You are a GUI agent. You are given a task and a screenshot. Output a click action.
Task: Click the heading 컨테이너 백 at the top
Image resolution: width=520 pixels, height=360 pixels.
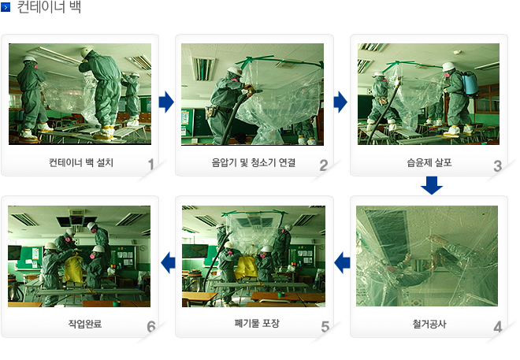coord(49,6)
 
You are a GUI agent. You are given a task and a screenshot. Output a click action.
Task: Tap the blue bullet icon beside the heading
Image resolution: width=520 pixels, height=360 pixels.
coord(6,7)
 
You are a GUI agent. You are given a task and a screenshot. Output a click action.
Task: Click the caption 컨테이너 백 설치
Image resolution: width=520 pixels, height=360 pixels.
coord(81,162)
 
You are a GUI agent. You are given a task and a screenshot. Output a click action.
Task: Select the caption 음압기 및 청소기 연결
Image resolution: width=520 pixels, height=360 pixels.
coord(254,162)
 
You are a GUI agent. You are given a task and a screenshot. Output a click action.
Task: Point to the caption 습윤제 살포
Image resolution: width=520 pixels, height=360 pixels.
coord(429,162)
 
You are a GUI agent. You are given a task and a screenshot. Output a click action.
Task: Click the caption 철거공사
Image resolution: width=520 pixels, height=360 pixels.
coord(429,324)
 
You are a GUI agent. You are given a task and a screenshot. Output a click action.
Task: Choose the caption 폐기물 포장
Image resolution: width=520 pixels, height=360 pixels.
coord(257,323)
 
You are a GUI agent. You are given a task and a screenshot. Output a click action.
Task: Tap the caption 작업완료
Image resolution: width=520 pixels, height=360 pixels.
coord(85,324)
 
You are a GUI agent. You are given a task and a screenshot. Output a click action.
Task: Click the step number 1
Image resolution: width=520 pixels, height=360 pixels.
coord(151,165)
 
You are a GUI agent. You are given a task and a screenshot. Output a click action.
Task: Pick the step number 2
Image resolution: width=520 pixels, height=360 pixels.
coord(324,165)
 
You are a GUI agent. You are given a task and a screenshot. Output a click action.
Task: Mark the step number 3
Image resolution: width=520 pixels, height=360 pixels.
coord(497,166)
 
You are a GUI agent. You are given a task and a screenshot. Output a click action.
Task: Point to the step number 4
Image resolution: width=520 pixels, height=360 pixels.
coord(497,327)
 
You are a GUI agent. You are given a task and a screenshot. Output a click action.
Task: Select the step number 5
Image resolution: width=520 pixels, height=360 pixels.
coord(325,327)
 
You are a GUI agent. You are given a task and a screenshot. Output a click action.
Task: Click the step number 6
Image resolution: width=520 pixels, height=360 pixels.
coord(151,327)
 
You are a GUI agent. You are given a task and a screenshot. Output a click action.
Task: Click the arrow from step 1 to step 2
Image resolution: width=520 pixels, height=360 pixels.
coord(166,102)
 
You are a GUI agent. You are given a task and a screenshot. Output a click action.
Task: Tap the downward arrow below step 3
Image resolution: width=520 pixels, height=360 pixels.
coord(432,185)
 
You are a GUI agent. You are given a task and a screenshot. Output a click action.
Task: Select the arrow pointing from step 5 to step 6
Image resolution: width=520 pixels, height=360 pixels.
coord(168,263)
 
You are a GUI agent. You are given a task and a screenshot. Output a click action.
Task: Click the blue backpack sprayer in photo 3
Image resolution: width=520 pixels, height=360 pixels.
coord(470,83)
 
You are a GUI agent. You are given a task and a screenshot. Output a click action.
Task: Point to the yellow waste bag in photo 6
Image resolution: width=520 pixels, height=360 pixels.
coord(73,269)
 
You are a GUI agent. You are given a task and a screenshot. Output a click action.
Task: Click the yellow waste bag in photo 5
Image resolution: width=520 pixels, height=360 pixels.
coord(247,267)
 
